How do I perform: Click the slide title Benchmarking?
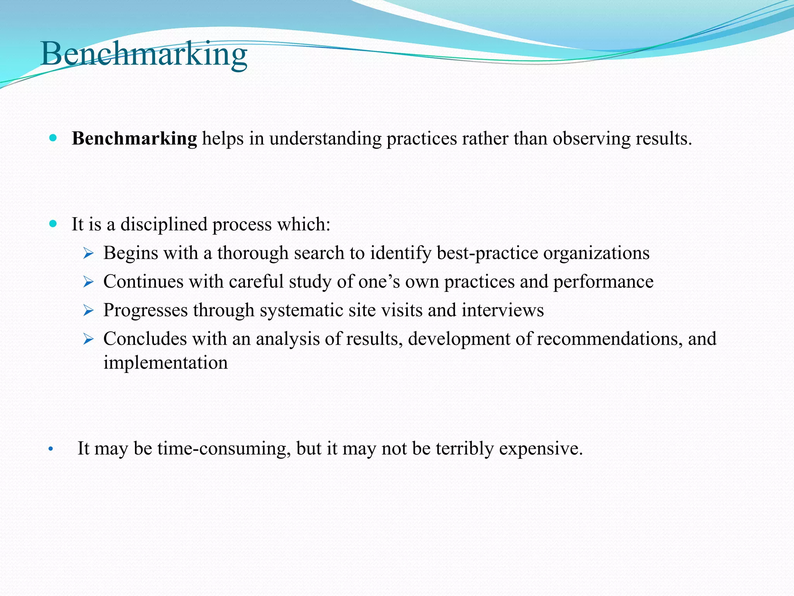click(143, 54)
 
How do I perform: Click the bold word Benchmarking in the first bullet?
click(134, 139)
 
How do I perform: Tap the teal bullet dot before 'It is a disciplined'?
click(53, 223)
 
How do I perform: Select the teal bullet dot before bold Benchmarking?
click(53, 138)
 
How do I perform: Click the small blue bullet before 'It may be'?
click(50, 450)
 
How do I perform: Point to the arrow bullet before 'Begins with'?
click(88, 254)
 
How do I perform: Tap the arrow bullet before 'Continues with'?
click(88, 282)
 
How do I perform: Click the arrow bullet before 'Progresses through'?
click(88, 311)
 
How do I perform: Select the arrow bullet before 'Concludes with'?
click(88, 340)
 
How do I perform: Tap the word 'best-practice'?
click(487, 253)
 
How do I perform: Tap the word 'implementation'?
click(166, 363)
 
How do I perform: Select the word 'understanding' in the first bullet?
click(325, 139)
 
